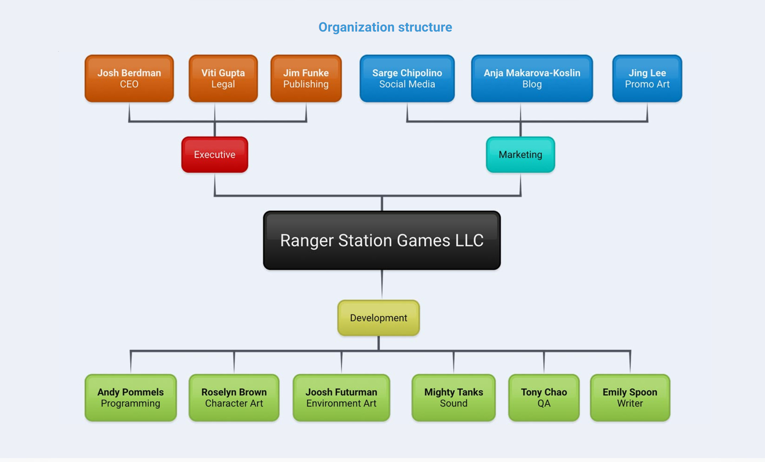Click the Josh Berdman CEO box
[x=129, y=78]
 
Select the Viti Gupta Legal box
[x=223, y=78]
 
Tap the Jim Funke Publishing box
[x=306, y=78]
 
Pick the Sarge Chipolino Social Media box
[x=407, y=78]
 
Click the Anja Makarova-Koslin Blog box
[x=532, y=78]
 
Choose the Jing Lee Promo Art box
[x=647, y=78]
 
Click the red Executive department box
[x=214, y=155]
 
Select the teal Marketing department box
[x=520, y=155]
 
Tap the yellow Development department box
[x=378, y=318]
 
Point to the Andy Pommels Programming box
[x=131, y=397]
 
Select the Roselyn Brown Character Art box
[x=234, y=397]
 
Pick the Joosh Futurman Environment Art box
[x=341, y=397]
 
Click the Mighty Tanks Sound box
[x=453, y=397]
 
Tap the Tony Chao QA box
[x=544, y=397]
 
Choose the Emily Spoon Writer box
[x=630, y=397]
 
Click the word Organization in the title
[x=356, y=27]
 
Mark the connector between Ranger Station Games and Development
[x=382, y=285]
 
